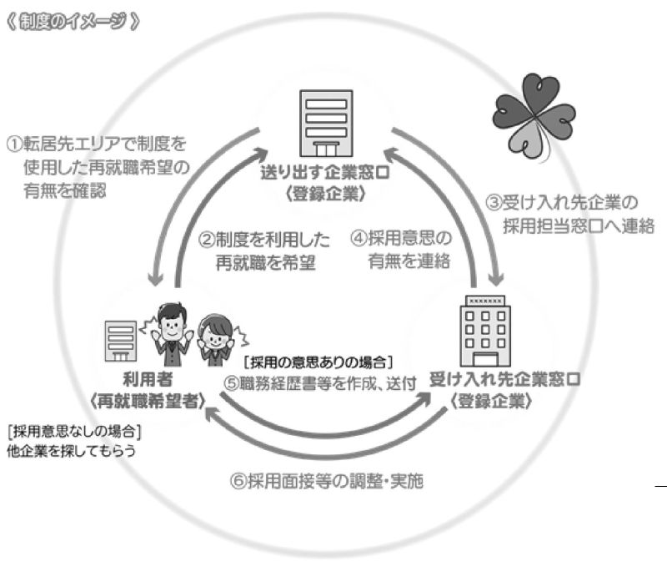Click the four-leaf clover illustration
534,116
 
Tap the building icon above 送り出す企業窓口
326,124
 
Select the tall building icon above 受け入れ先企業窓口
485,332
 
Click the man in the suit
172,335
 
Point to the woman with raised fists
216,341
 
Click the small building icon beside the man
121,342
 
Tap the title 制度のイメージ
73,22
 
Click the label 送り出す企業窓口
325,173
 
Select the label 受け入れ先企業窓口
504,379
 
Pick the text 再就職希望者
148,401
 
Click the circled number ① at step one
15,144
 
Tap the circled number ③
494,203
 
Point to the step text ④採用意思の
401,238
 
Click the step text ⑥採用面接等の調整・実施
327,481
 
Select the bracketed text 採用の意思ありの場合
318,362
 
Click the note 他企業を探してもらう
72,451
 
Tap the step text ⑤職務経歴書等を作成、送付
320,383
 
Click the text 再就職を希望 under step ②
265,263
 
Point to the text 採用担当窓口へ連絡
579,225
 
